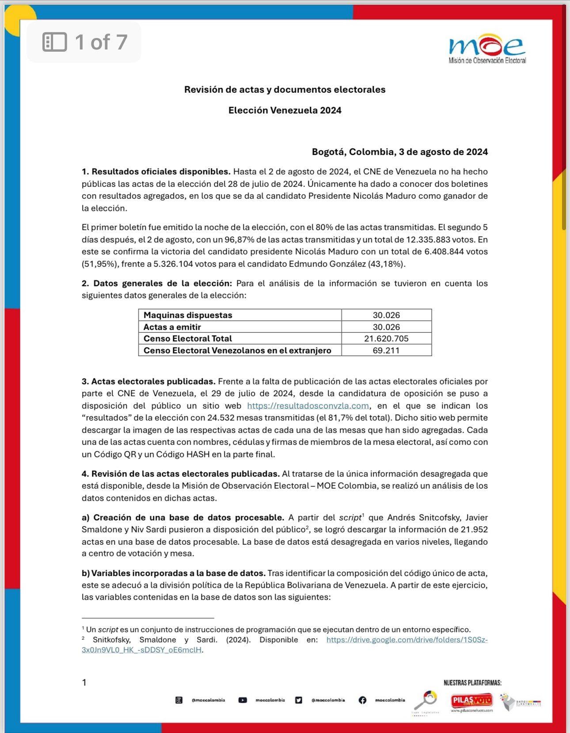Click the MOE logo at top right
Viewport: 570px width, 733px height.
(487, 48)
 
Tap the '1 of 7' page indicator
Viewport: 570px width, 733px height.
(84, 42)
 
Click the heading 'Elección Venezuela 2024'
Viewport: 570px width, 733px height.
(285, 110)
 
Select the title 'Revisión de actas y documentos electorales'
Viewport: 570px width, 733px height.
(285, 90)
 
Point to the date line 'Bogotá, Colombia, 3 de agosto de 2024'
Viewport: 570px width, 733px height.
(399, 152)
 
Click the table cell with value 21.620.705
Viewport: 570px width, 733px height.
(386, 338)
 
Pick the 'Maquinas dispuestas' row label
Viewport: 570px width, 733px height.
(188, 315)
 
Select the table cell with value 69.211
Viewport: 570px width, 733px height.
(386, 350)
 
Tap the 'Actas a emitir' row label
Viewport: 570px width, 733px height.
(172, 327)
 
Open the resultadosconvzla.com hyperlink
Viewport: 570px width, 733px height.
(308, 406)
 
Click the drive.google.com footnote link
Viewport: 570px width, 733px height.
(407, 640)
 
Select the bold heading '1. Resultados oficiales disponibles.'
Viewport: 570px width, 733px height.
(156, 171)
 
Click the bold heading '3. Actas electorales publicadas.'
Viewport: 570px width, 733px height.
(148, 381)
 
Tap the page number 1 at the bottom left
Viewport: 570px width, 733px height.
(84, 682)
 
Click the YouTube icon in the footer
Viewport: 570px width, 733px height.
(243, 700)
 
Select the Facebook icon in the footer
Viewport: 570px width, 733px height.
(362, 700)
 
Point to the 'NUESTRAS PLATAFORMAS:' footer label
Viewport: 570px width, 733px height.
(472, 683)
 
